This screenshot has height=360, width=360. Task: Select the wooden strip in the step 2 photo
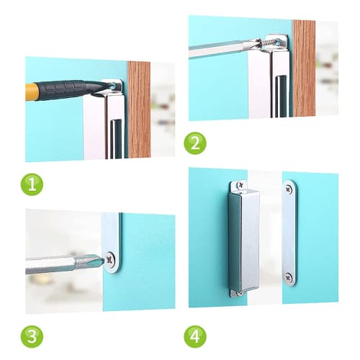click(x=303, y=68)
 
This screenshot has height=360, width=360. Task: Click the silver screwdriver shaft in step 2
click(x=216, y=48)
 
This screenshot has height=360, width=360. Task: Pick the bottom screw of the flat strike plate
click(x=289, y=276)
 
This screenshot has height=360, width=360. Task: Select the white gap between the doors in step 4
click(x=269, y=238)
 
